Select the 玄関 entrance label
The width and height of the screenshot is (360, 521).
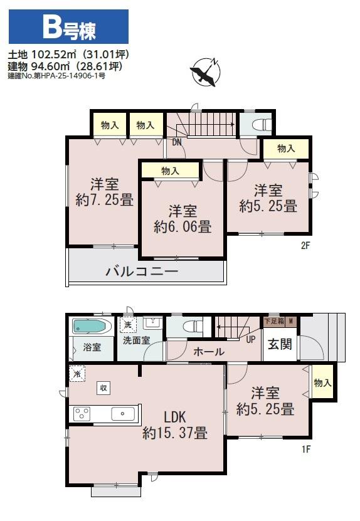click(x=280, y=344)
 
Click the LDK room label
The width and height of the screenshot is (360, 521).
click(x=175, y=417)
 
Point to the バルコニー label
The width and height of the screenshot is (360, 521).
click(x=142, y=271)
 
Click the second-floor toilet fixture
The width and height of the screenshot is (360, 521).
click(x=262, y=125)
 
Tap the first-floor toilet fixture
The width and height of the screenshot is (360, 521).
click(x=193, y=325)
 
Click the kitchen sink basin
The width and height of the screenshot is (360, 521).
click(x=123, y=414)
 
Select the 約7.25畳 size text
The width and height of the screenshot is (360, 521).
click(x=105, y=200)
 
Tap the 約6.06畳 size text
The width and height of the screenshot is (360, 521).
click(x=183, y=227)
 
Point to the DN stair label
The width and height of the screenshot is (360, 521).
click(x=177, y=142)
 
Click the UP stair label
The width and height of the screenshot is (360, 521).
click(x=251, y=339)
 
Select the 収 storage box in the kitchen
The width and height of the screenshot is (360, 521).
click(x=103, y=387)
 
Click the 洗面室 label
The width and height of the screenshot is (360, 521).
click(x=136, y=340)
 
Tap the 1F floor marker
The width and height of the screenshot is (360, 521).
click(x=306, y=450)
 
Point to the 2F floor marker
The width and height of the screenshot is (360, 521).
click(x=305, y=246)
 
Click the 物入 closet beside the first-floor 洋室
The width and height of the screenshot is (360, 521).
click(x=322, y=382)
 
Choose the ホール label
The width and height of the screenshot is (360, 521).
click(x=209, y=352)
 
